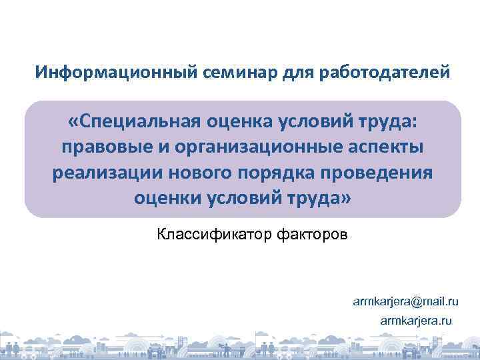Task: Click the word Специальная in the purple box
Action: pos(137,122)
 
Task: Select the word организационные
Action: pos(251,147)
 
